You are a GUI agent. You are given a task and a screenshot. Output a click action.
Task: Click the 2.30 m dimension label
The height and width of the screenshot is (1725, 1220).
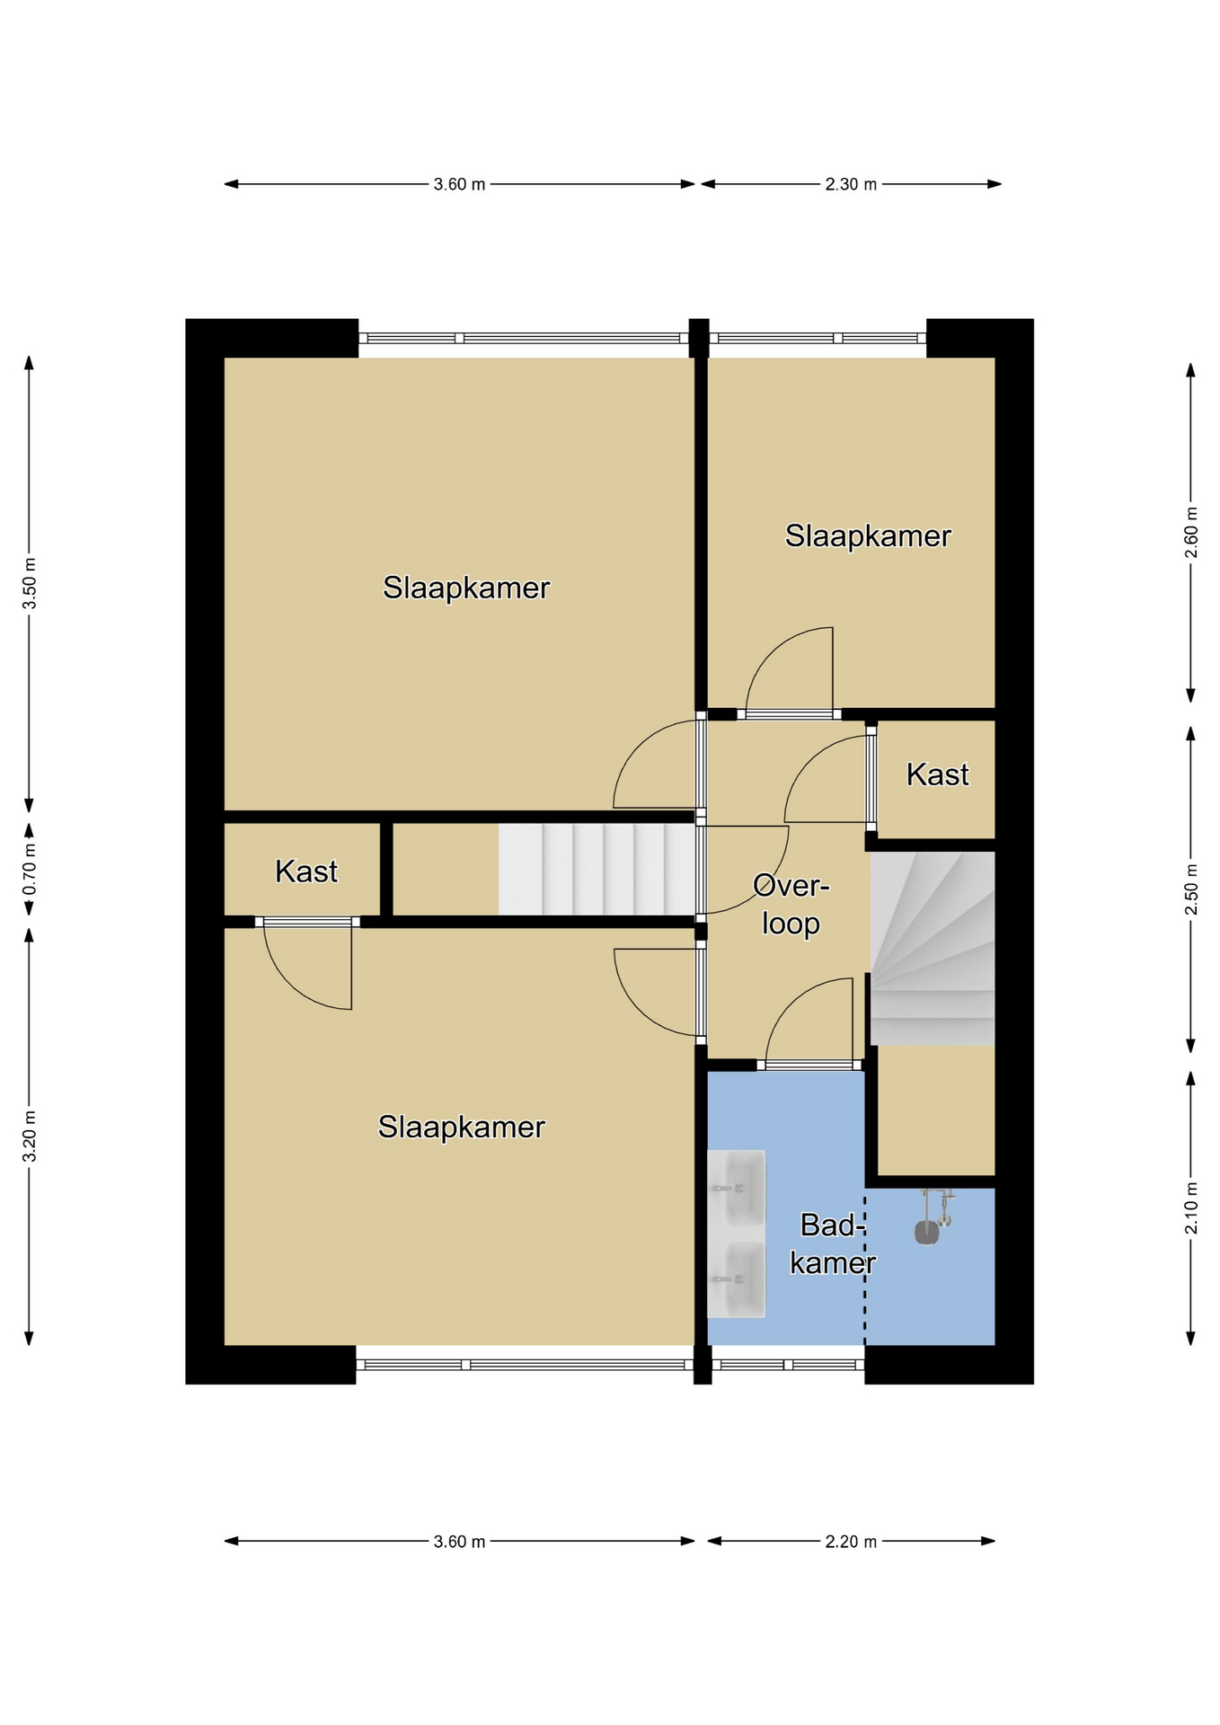pos(851,184)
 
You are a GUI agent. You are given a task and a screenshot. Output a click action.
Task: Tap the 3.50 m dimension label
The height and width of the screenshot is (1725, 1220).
pos(30,583)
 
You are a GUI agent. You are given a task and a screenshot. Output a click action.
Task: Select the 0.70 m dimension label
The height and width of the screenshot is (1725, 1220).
pos(30,869)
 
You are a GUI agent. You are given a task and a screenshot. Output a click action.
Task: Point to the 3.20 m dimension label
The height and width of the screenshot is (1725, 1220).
pos(30,1136)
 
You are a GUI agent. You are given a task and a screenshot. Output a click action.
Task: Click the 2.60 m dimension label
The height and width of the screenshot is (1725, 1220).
pos(1191,533)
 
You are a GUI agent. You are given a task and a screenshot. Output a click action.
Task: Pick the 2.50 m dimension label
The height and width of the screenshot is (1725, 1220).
pos(1191,889)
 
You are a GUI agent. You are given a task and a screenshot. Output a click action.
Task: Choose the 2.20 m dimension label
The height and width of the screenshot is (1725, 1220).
pos(851,1542)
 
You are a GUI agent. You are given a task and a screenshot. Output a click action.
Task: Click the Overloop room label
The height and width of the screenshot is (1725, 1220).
pos(791,905)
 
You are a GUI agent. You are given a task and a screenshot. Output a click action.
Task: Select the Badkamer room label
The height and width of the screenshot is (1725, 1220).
pos(833,1244)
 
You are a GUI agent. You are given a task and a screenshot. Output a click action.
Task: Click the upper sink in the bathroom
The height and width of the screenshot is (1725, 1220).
pos(736,1188)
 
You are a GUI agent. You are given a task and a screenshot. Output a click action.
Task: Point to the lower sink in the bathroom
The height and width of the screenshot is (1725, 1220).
pos(736,1279)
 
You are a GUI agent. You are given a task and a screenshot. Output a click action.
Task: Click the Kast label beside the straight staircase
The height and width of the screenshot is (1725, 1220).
pos(306,871)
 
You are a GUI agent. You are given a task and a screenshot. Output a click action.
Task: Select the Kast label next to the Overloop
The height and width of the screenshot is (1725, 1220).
pos(937,774)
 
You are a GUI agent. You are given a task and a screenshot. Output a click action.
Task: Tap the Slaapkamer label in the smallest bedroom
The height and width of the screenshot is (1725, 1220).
pos(868,535)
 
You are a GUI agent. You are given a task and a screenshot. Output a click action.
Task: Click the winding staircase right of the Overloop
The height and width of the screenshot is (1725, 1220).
pos(933,948)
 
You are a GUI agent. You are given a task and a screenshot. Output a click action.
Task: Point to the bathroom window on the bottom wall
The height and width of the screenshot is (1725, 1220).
pos(788,1365)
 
